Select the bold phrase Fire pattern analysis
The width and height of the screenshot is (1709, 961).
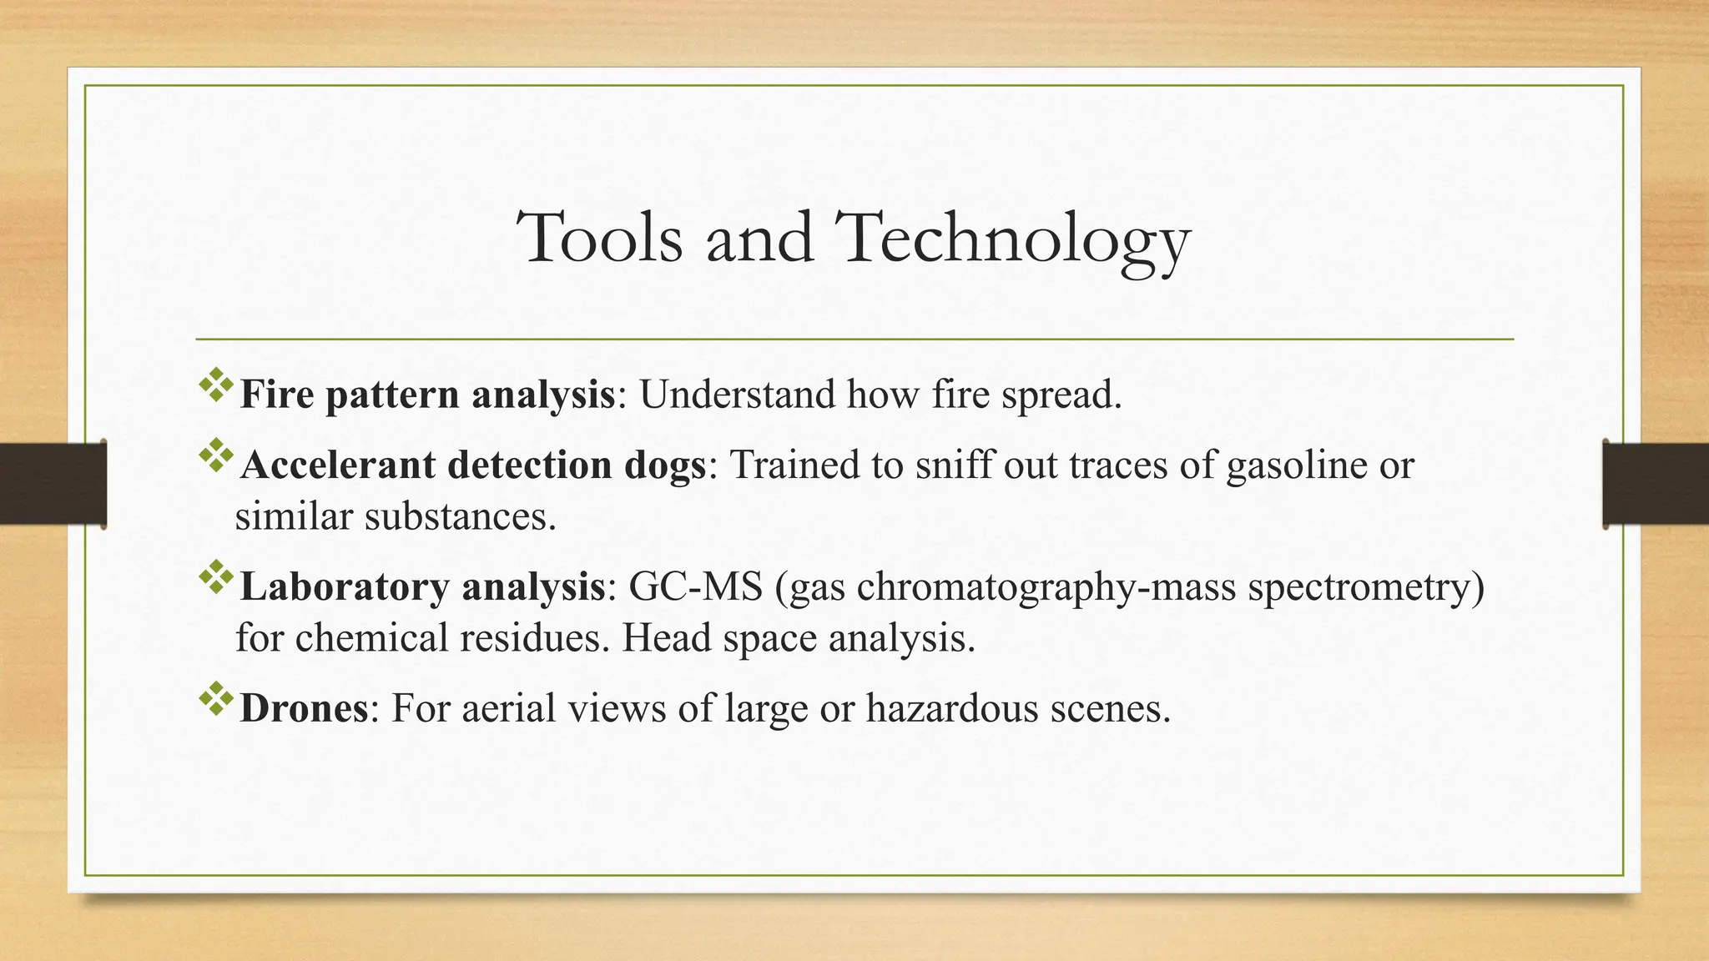tap(426, 394)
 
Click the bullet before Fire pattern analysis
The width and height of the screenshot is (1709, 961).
tap(215, 385)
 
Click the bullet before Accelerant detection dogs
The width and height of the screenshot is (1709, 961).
tap(215, 455)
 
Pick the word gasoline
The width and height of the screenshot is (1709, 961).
tap(1296, 465)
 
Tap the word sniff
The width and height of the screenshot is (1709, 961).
tap(953, 465)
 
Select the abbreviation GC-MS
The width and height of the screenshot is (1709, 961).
tap(695, 586)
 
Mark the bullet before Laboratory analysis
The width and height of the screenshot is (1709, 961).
tap(215, 577)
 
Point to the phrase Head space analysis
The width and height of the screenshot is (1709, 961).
tap(799, 638)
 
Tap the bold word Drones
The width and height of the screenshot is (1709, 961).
tap(304, 708)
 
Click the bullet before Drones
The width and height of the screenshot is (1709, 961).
tap(215, 699)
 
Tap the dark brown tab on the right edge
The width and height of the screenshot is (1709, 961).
tap(1656, 484)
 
